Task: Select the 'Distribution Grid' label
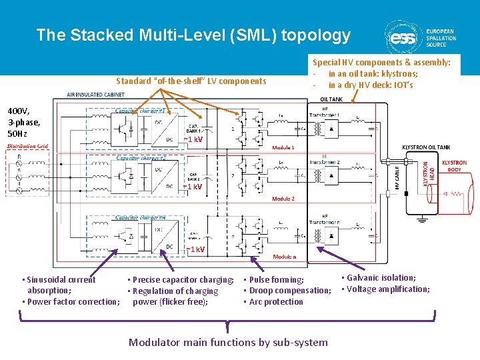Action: click(x=28, y=146)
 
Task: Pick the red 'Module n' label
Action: click(x=285, y=256)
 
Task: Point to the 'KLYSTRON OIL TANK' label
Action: click(x=426, y=147)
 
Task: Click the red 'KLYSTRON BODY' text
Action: click(x=455, y=166)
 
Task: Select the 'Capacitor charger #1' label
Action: click(x=144, y=111)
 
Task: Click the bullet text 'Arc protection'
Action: click(x=275, y=302)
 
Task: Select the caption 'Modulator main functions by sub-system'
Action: click(x=228, y=342)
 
